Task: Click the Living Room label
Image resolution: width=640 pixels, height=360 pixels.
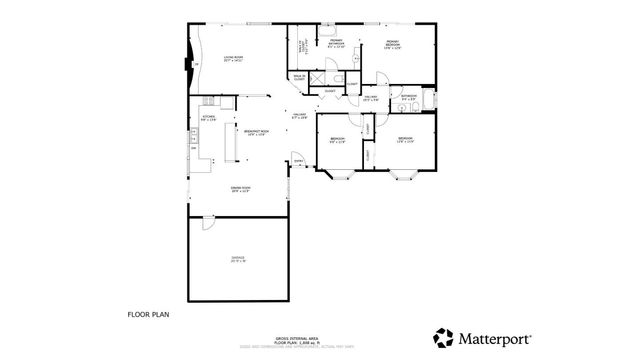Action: click(x=234, y=60)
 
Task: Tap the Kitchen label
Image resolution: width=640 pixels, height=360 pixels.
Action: click(x=209, y=118)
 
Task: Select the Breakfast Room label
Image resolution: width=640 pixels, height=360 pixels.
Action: click(x=254, y=133)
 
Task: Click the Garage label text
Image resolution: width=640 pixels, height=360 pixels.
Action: click(x=238, y=260)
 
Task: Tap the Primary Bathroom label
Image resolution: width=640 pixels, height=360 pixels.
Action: click(x=337, y=45)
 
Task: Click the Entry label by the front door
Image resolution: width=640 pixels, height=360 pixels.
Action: click(x=297, y=162)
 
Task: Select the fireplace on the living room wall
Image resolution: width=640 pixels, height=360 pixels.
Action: click(x=187, y=65)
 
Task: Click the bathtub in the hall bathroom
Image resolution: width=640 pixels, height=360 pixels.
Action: click(x=431, y=101)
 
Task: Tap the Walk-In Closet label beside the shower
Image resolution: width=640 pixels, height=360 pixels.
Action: click(x=299, y=76)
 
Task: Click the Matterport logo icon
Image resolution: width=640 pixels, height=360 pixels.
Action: click(x=442, y=337)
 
